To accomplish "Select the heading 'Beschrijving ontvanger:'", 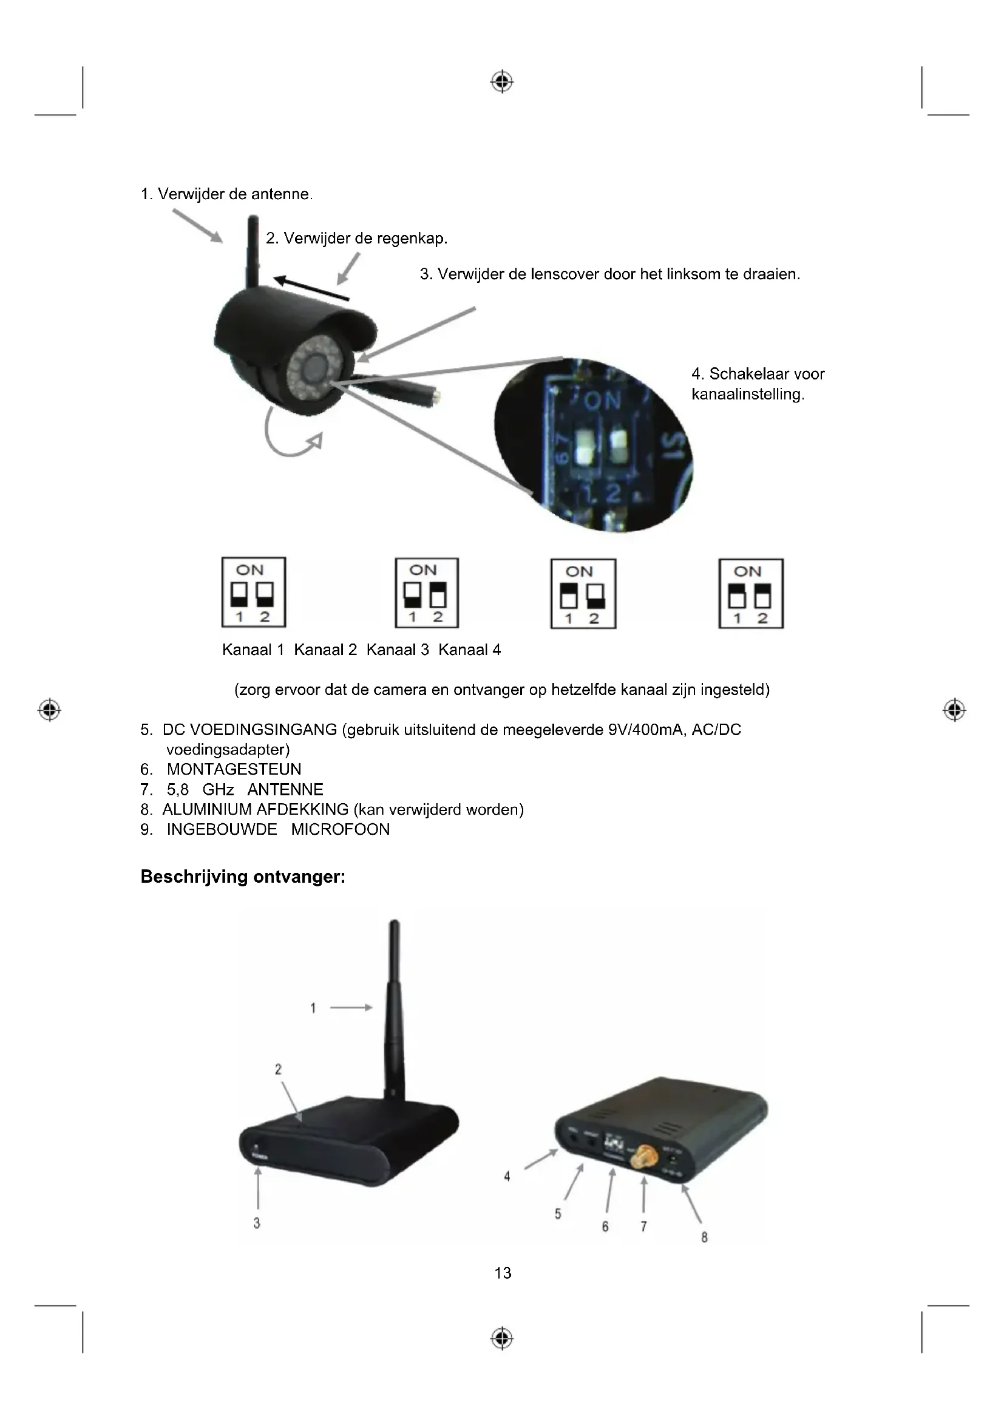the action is click(243, 877).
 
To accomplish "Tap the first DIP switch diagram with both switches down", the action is click(254, 592).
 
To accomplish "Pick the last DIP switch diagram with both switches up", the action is click(750, 594).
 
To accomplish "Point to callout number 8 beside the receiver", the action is click(704, 1237).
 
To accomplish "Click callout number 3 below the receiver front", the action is click(257, 1223).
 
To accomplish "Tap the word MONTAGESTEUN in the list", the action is click(234, 769).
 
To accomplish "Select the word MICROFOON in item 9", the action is click(340, 829).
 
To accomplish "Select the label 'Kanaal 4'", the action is click(469, 650).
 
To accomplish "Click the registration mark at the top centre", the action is click(502, 81).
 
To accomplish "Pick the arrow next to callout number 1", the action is click(350, 1008).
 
